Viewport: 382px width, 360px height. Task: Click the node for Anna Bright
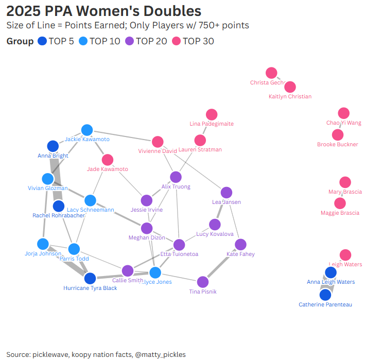click(53, 146)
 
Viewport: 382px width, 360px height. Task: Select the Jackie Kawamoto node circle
click(86, 130)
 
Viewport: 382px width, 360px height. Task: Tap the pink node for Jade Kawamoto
click(107, 160)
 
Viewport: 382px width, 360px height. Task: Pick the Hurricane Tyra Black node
click(90, 279)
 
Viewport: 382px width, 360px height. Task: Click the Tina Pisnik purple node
click(202, 282)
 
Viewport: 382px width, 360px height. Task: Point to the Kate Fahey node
click(240, 245)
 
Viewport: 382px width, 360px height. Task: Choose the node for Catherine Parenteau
click(325, 295)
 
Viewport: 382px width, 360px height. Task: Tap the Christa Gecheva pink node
click(271, 73)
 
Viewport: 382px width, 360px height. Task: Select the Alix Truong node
click(176, 177)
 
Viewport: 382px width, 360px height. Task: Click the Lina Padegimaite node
click(211, 114)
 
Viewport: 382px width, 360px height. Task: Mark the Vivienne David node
click(158, 142)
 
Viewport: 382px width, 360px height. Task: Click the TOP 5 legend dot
click(43, 41)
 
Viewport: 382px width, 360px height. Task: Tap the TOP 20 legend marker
click(130, 41)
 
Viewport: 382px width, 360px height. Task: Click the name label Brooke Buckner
click(337, 145)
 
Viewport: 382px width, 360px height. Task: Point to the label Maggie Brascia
click(340, 213)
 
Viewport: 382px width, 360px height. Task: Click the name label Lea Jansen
click(227, 202)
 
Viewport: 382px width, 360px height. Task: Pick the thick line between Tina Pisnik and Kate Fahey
click(221, 264)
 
